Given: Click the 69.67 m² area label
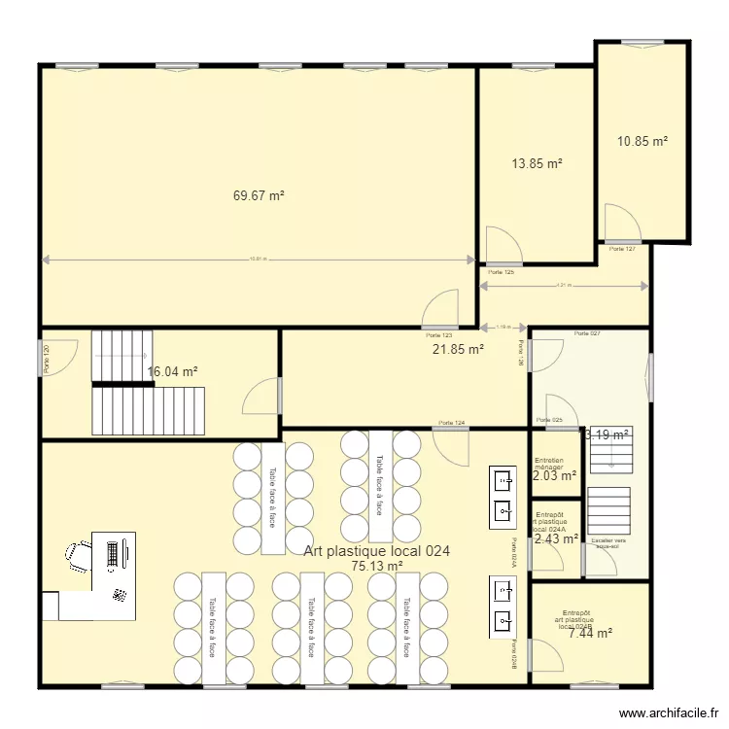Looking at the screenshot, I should [x=259, y=195].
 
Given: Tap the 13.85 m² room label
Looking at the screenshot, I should [x=538, y=164].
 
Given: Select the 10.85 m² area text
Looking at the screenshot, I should [x=642, y=141].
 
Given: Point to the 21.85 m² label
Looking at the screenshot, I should [x=459, y=349].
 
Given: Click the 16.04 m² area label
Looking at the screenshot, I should [x=173, y=371].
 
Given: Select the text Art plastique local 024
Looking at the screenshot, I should [x=377, y=550].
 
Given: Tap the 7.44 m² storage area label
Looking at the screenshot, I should [x=590, y=633].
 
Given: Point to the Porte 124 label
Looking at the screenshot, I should [x=451, y=423].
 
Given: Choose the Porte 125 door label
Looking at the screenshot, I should [x=502, y=272].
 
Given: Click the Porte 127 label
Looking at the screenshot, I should [x=622, y=249].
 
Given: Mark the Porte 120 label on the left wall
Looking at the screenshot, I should [x=47, y=358].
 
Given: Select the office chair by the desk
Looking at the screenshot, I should [x=78, y=557].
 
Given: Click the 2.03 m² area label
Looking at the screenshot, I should [x=555, y=475].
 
